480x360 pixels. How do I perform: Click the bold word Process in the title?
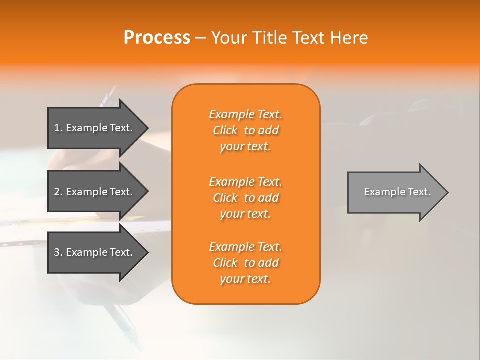(157, 38)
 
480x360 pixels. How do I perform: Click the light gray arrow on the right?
(395, 192)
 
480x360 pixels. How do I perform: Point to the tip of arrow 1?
(147, 128)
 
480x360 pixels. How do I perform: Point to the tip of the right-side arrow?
(447, 192)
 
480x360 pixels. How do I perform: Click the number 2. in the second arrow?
(58, 192)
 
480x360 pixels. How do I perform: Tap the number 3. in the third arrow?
(58, 252)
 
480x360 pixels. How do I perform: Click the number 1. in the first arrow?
(58, 128)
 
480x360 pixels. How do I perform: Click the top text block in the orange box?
(245, 130)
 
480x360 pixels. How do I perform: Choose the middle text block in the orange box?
(245, 198)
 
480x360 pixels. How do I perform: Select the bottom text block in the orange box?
(245, 263)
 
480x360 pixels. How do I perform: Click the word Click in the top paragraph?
(225, 130)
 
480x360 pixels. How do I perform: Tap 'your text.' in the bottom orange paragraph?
(245, 279)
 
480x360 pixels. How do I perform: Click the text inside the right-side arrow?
(397, 192)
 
